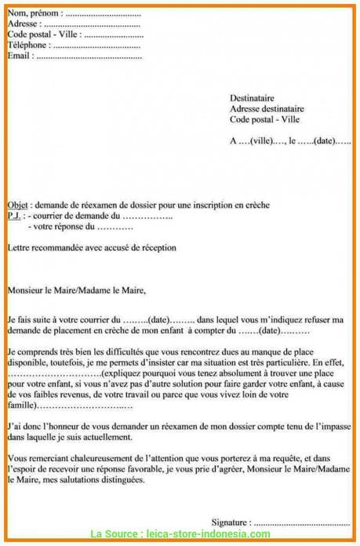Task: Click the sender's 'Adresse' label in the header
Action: tap(23, 24)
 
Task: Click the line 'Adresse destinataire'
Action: tap(267, 109)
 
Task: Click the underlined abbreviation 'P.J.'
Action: tap(15, 215)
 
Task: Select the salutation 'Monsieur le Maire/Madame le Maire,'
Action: tap(76, 289)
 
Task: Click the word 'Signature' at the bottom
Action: tap(231, 521)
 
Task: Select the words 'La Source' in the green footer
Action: tap(115, 534)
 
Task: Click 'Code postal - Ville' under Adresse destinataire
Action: tap(265, 120)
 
